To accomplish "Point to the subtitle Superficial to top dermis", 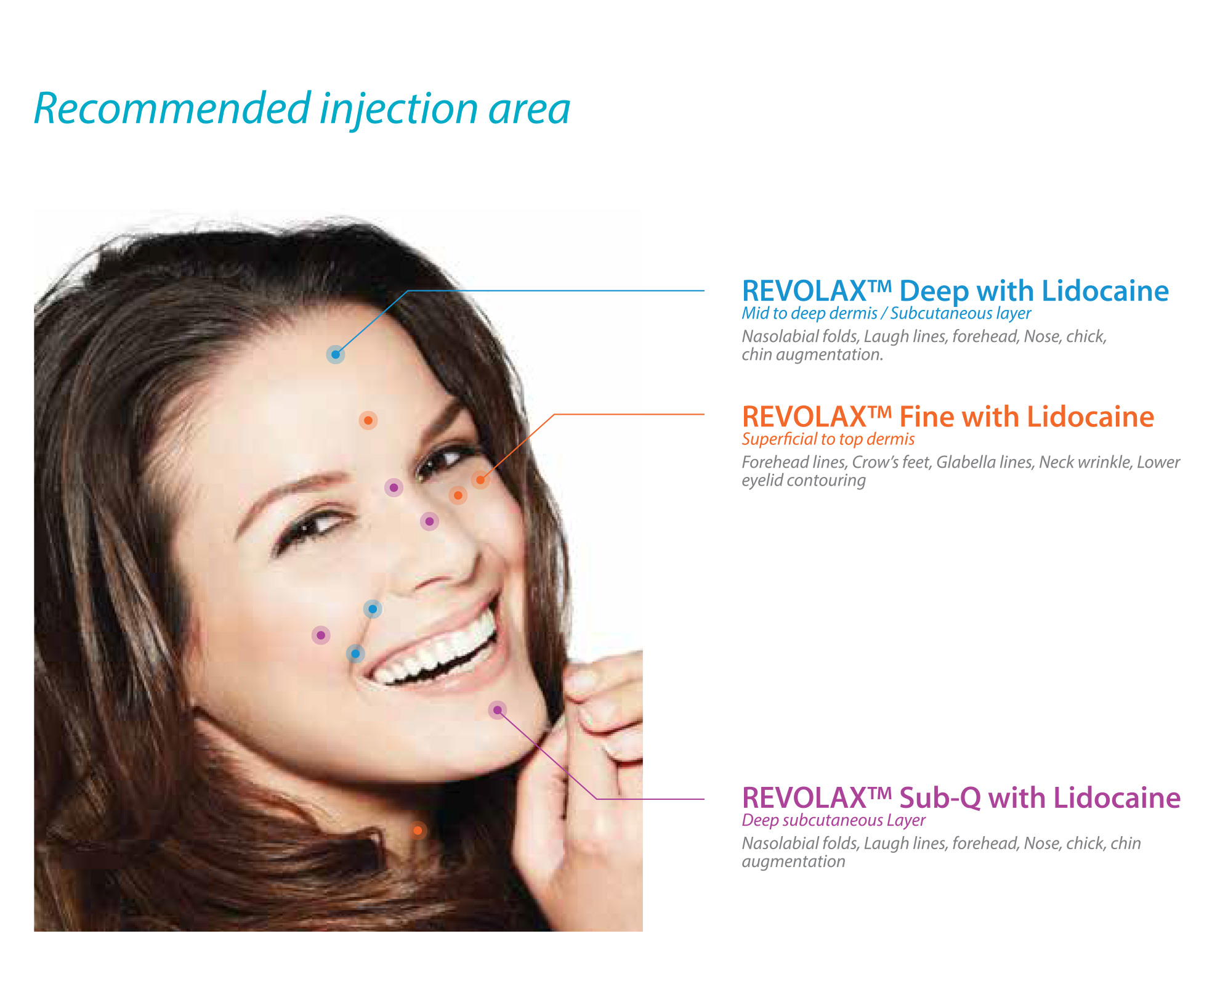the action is pyautogui.click(x=828, y=439).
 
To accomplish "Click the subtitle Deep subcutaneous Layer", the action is pyautogui.click(x=833, y=821).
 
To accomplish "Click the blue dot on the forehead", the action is pyautogui.click(x=335, y=354).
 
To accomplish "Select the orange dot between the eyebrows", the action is pyautogui.click(x=368, y=420).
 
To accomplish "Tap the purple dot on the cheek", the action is pyautogui.click(x=321, y=635).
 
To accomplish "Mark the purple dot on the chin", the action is pyautogui.click(x=497, y=710).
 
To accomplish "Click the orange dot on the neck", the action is pyautogui.click(x=418, y=831).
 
